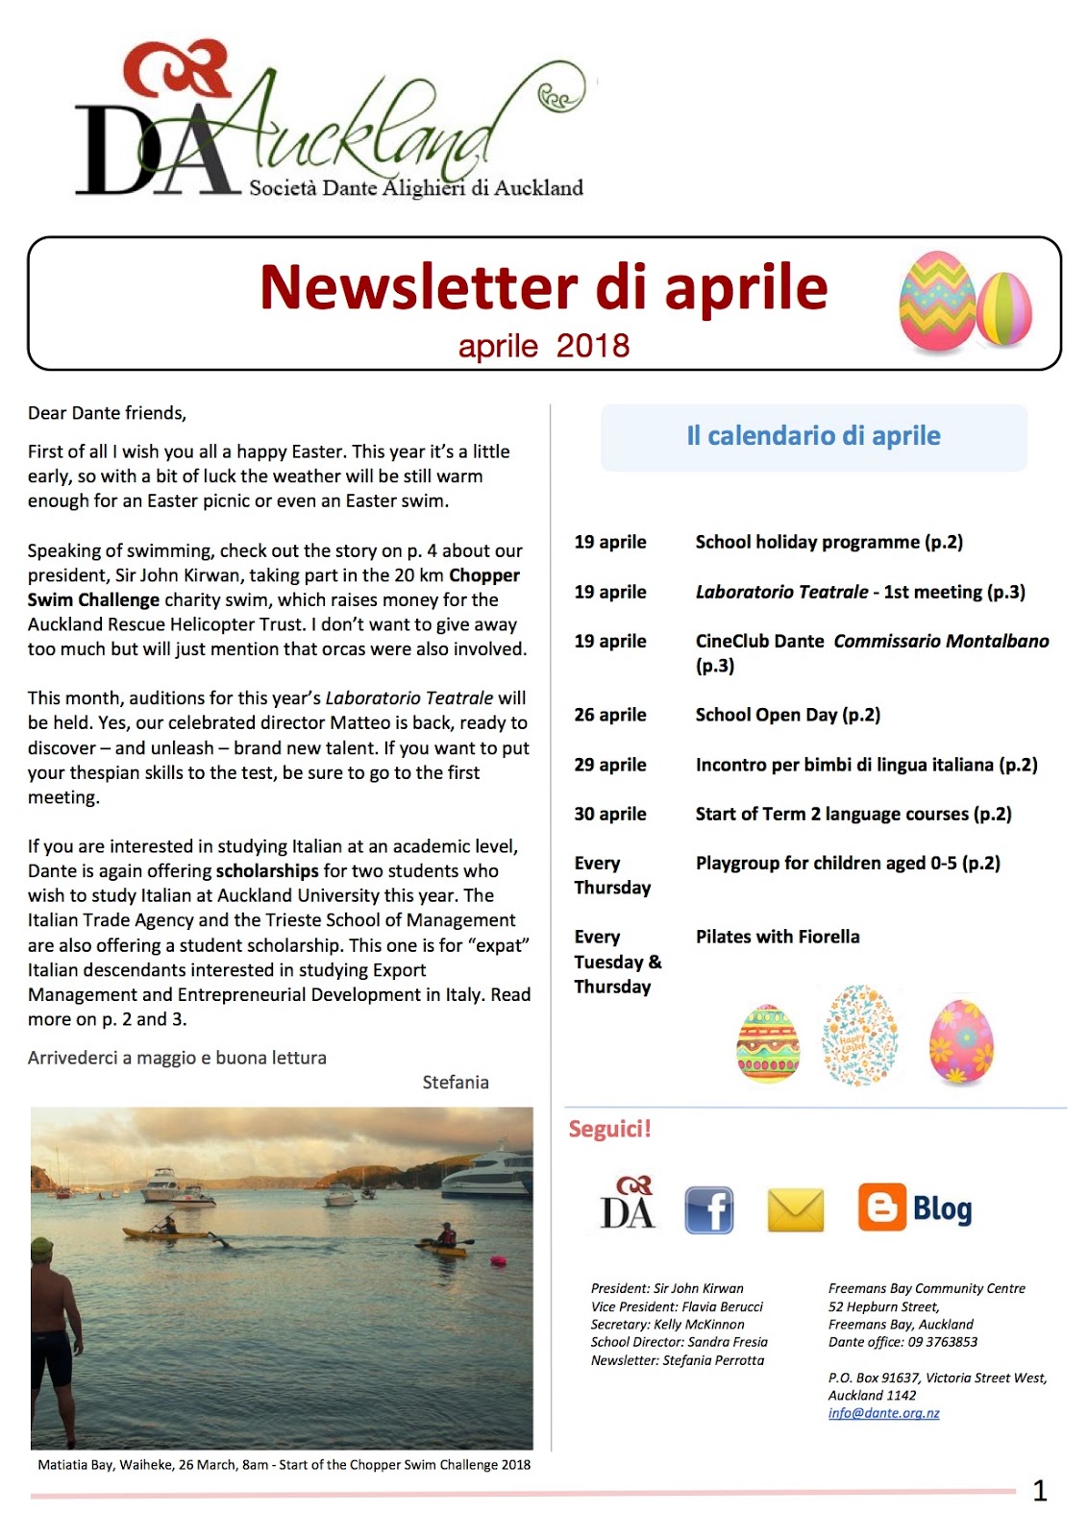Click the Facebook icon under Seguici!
(708, 1209)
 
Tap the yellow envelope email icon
(796, 1209)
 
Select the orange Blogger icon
(881, 1207)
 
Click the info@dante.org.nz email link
(883, 1413)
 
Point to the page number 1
(1039, 1490)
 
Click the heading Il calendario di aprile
(813, 436)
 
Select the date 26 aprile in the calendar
(610, 715)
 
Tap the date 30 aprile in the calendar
(610, 814)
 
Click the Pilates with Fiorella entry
(778, 937)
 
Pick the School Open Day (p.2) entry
(787, 715)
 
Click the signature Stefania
(456, 1083)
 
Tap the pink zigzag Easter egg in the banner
(936, 302)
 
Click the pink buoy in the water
(498, 1260)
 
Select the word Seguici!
(609, 1129)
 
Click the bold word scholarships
(267, 871)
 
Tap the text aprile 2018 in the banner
(544, 346)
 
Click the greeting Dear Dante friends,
(107, 413)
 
